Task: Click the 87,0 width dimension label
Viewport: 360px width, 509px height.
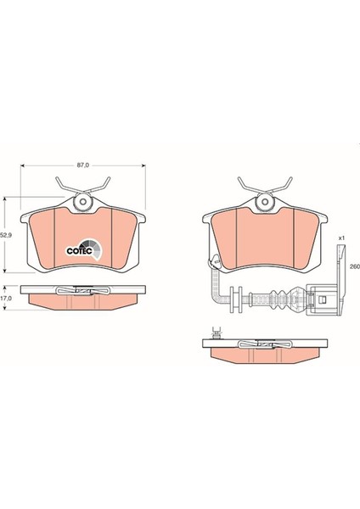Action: point(82,165)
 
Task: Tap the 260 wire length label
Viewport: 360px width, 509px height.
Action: point(355,266)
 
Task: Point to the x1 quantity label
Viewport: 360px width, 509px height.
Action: point(341,238)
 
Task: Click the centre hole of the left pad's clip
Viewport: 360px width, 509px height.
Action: point(83,202)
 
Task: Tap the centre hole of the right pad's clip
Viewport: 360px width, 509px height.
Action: point(265,202)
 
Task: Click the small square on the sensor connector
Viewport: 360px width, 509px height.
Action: point(323,299)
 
